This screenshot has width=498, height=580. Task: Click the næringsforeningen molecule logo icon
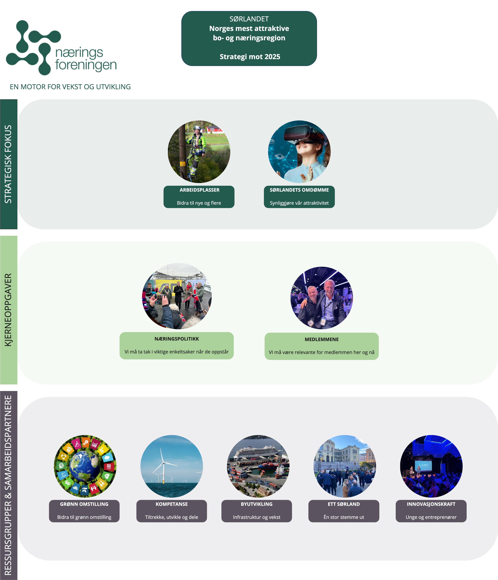32,48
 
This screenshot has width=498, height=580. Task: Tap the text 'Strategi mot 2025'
250,57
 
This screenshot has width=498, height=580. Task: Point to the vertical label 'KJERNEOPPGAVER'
8,310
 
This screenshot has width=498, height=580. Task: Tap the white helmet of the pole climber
197,128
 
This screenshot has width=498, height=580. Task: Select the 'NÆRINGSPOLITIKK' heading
177,339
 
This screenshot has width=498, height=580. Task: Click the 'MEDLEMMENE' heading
321,339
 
